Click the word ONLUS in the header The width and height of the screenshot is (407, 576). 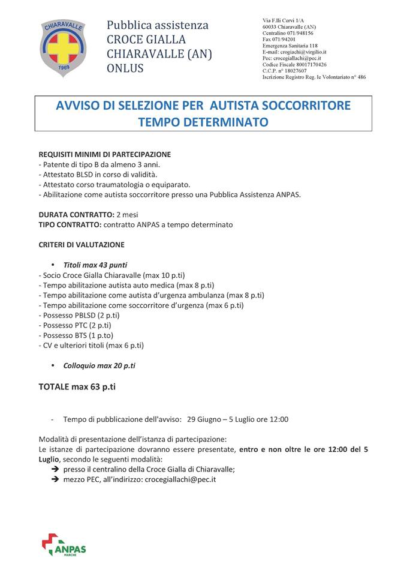pos(125,68)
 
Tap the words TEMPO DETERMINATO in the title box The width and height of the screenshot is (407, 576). pos(203,122)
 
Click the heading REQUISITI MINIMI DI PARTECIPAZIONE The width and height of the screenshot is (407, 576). pos(105,154)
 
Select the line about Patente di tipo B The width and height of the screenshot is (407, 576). pos(100,164)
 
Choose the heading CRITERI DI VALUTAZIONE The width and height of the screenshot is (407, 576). pos(82,245)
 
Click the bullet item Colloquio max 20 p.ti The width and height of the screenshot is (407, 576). pos(99,365)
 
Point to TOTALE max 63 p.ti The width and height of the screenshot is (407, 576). pos(77,387)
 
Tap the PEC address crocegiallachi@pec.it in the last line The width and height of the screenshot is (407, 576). pos(180,479)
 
